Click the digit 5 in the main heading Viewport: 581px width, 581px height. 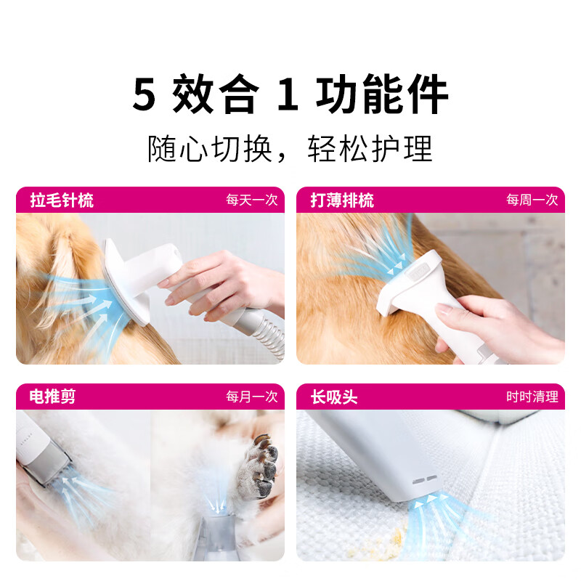[x=145, y=96]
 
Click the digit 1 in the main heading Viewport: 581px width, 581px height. [x=288, y=96]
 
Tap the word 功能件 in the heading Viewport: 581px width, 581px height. [x=382, y=96]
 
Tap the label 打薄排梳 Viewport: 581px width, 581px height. [x=342, y=200]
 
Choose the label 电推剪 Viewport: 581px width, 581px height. [x=52, y=397]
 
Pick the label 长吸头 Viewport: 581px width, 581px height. [x=334, y=397]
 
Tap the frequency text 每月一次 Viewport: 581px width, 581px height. [x=251, y=397]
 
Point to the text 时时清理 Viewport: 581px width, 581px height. [x=532, y=397]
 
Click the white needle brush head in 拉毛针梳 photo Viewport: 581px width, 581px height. [x=123, y=280]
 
